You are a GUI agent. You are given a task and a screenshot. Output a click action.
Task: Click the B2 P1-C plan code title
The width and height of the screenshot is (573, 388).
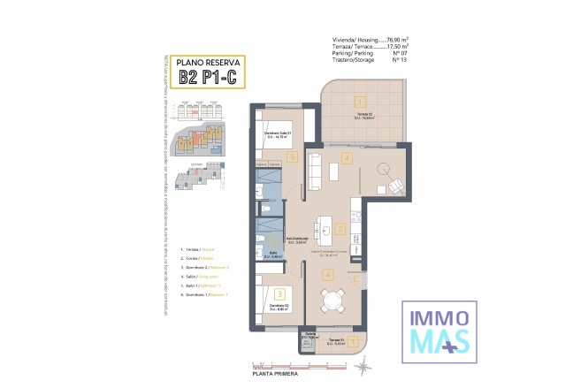(x=205, y=76)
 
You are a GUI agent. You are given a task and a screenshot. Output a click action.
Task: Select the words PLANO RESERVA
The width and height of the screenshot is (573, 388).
(x=205, y=62)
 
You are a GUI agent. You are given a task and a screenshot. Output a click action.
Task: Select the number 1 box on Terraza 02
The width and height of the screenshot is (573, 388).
(x=360, y=101)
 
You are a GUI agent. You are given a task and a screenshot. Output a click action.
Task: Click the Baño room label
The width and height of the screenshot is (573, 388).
(x=273, y=254)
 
